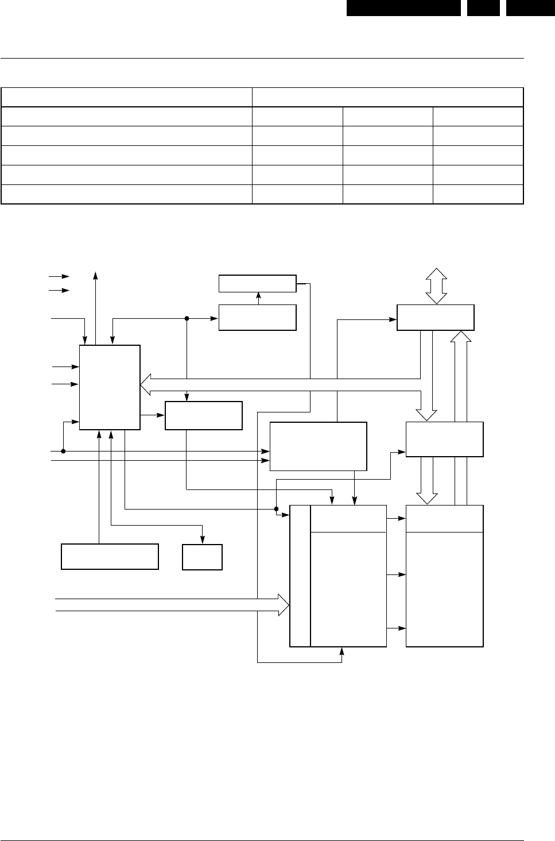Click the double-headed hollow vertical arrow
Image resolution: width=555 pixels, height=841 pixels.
point(436,286)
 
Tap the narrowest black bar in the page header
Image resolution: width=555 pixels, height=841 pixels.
point(483,7)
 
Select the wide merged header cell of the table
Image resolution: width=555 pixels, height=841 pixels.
point(388,97)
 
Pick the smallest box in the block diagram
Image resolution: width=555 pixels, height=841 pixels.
point(202,556)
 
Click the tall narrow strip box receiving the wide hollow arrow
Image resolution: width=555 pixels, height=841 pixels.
point(300,576)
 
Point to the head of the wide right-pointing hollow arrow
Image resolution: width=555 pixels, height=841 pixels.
point(284,604)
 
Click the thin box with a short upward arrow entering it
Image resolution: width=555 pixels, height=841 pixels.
point(258,283)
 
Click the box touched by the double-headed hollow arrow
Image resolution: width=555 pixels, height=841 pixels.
point(436,317)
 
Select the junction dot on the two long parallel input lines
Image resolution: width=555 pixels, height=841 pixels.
point(63,451)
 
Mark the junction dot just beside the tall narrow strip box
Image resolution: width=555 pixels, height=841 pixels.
point(276,509)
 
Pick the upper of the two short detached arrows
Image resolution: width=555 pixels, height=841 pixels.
point(60,276)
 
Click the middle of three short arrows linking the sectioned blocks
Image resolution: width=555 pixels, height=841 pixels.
point(396,574)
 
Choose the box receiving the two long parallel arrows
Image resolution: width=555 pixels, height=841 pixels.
point(318,446)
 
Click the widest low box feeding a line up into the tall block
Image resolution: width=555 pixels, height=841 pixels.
point(110,556)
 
